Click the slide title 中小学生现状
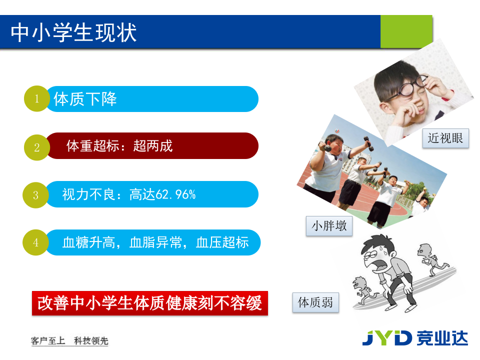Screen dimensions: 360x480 [x=74, y=33]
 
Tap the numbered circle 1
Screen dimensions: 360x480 [x=36, y=99]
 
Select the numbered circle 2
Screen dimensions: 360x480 [x=36, y=147]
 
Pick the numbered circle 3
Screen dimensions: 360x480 [x=35, y=195]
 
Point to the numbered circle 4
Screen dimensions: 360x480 [x=35, y=243]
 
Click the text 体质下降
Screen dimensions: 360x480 [x=85, y=99]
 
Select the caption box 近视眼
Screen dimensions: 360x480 [x=445, y=138]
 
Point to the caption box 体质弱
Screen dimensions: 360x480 [x=315, y=302]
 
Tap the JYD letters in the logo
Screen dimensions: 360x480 [x=386, y=337]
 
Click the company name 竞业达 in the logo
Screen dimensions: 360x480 [x=442, y=337]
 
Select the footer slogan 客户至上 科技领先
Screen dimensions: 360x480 [x=69, y=341]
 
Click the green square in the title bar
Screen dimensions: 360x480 [x=406, y=31]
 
